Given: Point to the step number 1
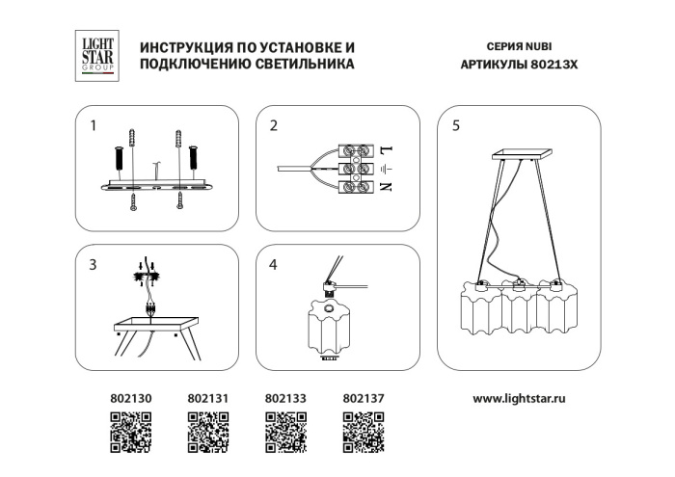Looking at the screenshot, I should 93,125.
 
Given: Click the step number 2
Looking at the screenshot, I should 274,125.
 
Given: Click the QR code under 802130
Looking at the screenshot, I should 131,432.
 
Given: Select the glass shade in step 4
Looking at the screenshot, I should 331,328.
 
